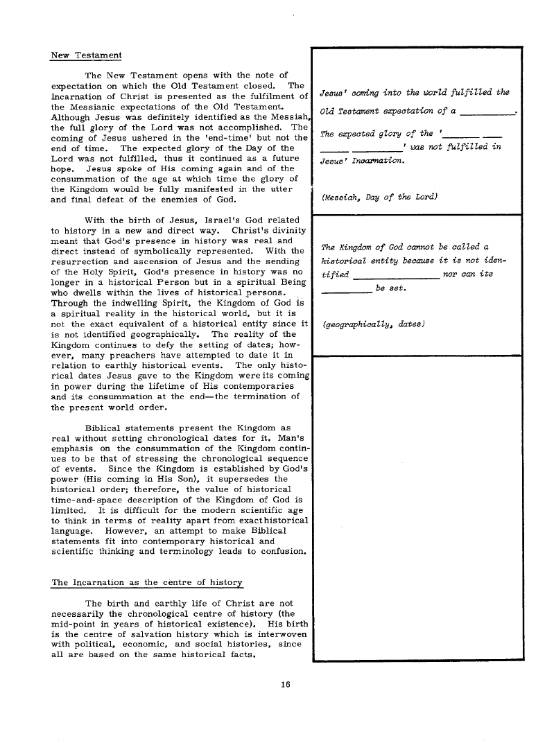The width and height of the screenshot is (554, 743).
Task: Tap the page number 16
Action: click(x=284, y=685)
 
